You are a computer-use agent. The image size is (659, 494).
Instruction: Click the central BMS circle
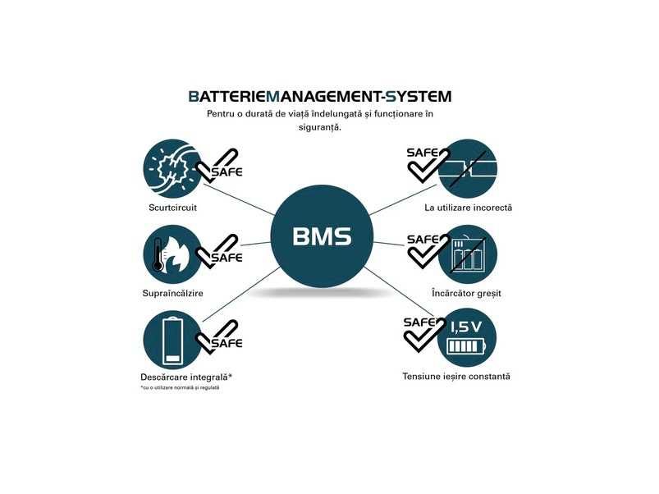pyautogui.click(x=322, y=237)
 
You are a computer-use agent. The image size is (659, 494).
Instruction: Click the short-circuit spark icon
pyautogui.click(x=171, y=169)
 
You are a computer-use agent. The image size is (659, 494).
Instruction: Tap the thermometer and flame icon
pyautogui.click(x=171, y=255)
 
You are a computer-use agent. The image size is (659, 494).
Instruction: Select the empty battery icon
pyautogui.click(x=171, y=339)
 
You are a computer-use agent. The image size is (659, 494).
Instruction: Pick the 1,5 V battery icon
pyautogui.click(x=468, y=337)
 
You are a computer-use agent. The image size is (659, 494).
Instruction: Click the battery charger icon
pyautogui.click(x=468, y=254)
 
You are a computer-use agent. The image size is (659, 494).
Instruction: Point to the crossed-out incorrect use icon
pyautogui.click(x=468, y=168)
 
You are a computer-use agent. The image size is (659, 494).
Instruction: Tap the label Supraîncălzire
pyautogui.click(x=172, y=293)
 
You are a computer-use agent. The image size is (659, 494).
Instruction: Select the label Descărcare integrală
pyautogui.click(x=185, y=377)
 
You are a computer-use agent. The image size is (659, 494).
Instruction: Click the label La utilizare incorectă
pyautogui.click(x=468, y=208)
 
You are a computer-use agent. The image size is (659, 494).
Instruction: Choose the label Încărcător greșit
pyautogui.click(x=466, y=293)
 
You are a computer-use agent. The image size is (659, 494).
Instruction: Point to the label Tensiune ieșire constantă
pyautogui.click(x=456, y=376)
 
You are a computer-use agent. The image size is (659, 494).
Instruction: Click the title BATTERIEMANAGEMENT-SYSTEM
pyautogui.click(x=319, y=97)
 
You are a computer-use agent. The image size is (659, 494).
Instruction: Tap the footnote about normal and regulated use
pyautogui.click(x=180, y=387)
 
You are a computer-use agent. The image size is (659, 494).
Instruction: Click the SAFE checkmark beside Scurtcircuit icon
pyautogui.click(x=220, y=167)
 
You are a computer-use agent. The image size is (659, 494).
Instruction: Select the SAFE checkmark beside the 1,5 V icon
pyautogui.click(x=423, y=332)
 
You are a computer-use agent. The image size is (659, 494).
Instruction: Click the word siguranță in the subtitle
pyautogui.click(x=319, y=127)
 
